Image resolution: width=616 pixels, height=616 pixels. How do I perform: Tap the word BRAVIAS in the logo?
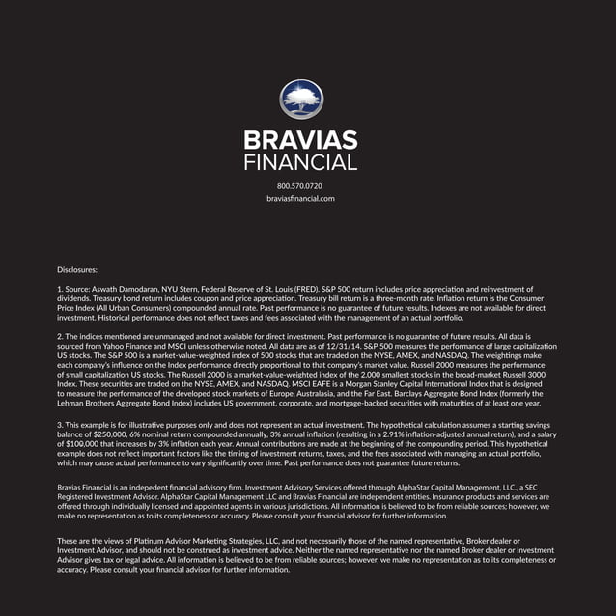[x=301, y=141]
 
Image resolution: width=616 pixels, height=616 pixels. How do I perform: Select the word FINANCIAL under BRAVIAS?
[x=301, y=162]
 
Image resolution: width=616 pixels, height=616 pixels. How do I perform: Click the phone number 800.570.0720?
[x=300, y=184]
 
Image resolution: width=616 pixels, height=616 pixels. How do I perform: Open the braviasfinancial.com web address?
[x=300, y=198]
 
